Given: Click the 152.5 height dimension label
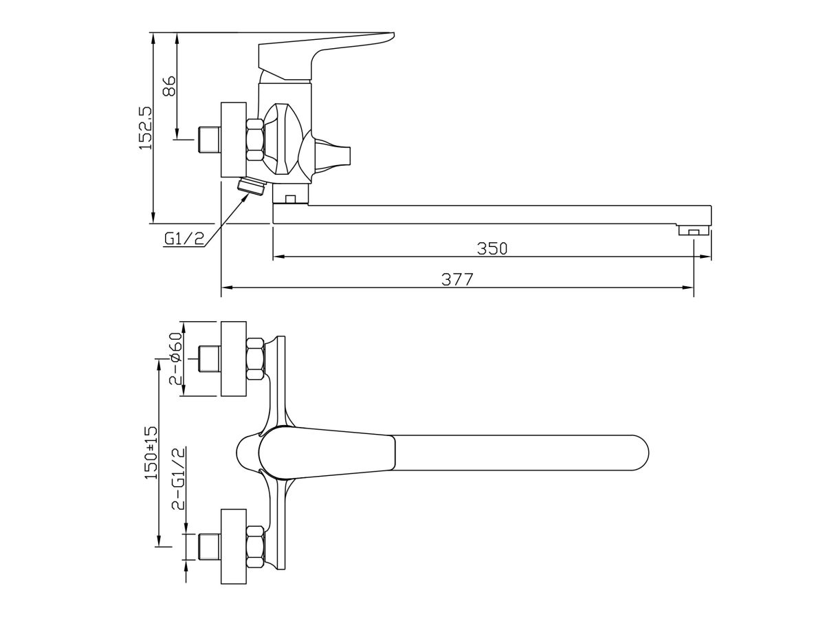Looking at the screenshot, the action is click(x=146, y=127).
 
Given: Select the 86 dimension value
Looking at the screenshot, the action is click(x=169, y=86).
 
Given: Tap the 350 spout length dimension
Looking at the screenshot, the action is click(x=492, y=248).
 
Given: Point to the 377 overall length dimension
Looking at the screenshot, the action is click(x=456, y=279).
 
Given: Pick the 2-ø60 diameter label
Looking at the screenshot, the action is click(x=176, y=358).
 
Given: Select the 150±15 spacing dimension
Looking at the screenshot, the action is click(x=151, y=453).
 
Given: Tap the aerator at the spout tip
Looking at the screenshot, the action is click(x=694, y=230).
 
